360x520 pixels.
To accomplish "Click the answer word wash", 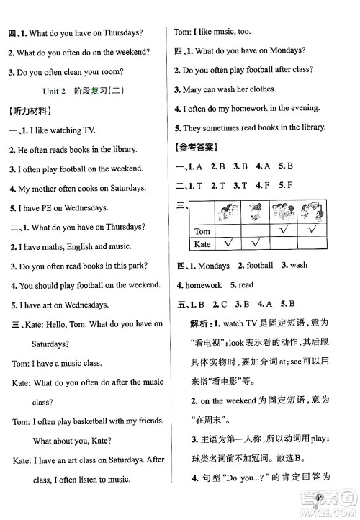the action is tap(299, 265).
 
